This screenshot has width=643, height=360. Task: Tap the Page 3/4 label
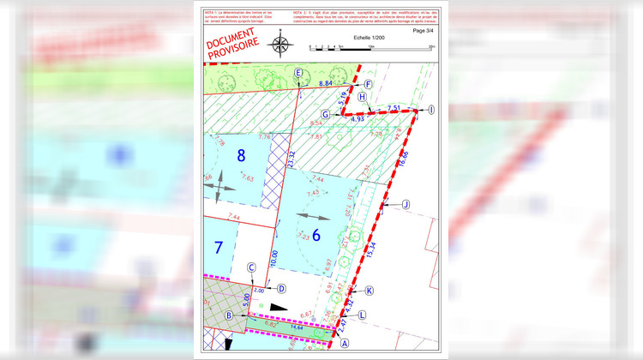424,30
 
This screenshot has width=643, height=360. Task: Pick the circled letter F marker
367,84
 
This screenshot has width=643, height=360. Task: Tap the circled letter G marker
326,114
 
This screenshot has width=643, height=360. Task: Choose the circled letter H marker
362,98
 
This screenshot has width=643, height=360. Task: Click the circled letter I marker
431,110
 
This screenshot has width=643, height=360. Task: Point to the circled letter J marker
406,204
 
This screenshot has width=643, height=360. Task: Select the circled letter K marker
370,291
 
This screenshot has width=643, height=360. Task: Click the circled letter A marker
346,343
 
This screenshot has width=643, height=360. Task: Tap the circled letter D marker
281,289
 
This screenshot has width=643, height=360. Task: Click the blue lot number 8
242,155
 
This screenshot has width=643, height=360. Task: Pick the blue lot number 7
219,249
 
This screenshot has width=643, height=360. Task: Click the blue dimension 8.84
326,83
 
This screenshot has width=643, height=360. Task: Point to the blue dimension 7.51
394,107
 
